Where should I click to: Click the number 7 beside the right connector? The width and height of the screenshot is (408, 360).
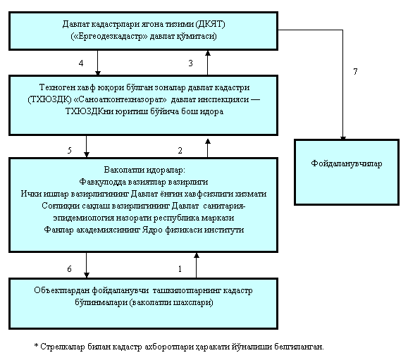tap(355, 72)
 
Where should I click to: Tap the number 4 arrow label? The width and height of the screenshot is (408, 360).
tap(81, 63)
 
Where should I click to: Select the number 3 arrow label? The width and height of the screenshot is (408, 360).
tap(190, 63)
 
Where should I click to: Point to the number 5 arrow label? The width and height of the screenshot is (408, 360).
tap(70, 151)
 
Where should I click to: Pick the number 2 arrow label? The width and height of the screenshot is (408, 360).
tap(180, 151)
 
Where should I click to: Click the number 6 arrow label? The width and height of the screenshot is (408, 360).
tap(69, 269)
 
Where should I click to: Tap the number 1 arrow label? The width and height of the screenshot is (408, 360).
tap(180, 269)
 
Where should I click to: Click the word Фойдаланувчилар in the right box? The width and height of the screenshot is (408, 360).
tap(347, 163)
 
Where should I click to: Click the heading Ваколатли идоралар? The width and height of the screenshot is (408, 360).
tap(144, 170)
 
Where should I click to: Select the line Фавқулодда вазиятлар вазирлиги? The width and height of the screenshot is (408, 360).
tap(144, 182)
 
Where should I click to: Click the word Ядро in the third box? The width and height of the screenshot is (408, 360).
tap(153, 230)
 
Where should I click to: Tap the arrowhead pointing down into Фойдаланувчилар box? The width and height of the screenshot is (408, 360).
tap(343, 138)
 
